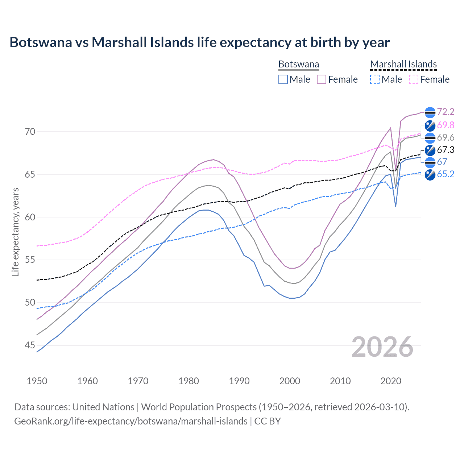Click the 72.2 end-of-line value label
tap(446, 112)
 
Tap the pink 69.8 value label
tap(446, 125)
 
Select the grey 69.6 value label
tap(446, 137)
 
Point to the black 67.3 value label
tap(446, 150)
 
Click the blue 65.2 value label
tap(446, 174)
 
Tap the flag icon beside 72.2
tap(430, 112)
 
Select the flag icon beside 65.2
tap(430, 174)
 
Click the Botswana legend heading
tap(299, 64)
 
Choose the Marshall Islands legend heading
tap(403, 64)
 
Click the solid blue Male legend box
tap(283, 79)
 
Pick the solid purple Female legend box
tap(322, 79)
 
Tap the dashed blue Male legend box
tap(375, 79)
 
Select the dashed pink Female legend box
tap(414, 79)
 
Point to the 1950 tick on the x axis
tap(37, 381)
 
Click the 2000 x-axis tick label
tap(290, 381)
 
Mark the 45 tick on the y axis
tap(30, 345)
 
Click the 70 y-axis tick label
tap(30, 132)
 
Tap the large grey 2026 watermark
tap(382, 347)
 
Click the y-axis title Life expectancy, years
tap(15, 232)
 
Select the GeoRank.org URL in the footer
tap(131, 421)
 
